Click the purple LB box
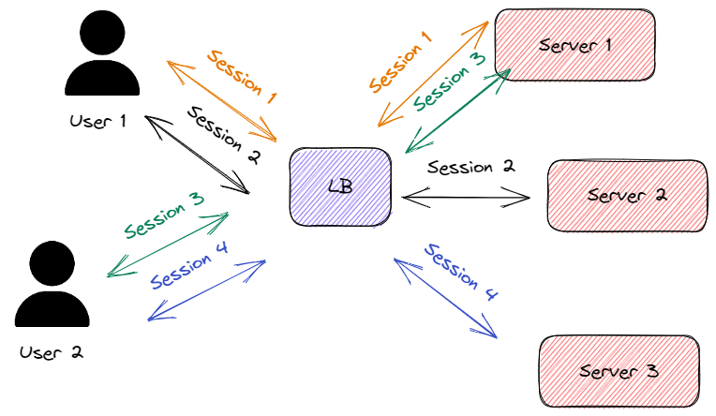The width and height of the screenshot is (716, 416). click(340, 187)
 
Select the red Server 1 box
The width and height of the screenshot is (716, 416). click(574, 45)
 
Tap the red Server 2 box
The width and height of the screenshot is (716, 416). click(627, 196)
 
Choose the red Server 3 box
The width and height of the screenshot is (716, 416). click(619, 371)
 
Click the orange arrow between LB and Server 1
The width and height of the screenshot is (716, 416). click(433, 74)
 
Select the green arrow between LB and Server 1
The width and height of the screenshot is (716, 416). click(457, 111)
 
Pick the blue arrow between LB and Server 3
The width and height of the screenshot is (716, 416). click(445, 298)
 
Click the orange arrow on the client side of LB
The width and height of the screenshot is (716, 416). click(222, 101)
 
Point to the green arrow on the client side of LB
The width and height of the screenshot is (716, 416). click(169, 245)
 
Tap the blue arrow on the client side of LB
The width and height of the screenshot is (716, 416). click(207, 290)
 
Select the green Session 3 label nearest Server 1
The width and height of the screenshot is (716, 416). click(450, 82)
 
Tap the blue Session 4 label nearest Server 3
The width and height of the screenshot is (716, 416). click(461, 272)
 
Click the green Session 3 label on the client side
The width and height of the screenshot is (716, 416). click(164, 215)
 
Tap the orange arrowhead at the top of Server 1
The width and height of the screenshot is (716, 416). click(483, 26)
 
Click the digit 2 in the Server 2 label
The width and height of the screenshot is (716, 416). click(659, 195)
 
